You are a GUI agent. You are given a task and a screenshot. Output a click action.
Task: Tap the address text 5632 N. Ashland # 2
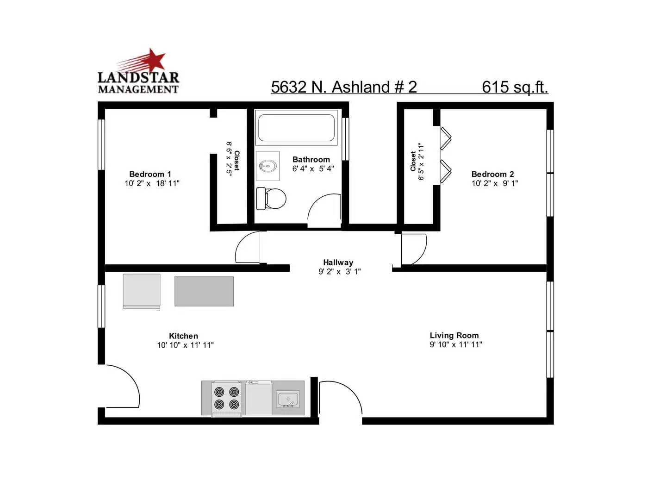pyautogui.click(x=343, y=87)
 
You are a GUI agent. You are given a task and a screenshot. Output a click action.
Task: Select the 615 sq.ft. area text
pyautogui.click(x=515, y=87)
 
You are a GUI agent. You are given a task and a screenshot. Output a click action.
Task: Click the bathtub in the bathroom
pyautogui.click(x=296, y=127)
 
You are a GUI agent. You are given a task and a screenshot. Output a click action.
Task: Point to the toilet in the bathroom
pyautogui.click(x=271, y=198)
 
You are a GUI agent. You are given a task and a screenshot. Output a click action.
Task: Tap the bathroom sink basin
pyautogui.click(x=268, y=165)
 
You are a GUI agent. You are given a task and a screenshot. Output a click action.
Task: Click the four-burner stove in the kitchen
pyautogui.click(x=226, y=399)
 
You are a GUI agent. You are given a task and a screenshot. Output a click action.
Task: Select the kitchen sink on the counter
pyautogui.click(x=287, y=399)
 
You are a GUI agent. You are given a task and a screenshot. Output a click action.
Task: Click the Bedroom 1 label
pyautogui.click(x=150, y=174)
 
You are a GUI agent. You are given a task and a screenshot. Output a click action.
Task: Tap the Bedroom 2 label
pyautogui.click(x=493, y=174)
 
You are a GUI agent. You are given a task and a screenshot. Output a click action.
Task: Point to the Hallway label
pyautogui.click(x=338, y=262)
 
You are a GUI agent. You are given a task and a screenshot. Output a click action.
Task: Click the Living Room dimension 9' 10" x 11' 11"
pyautogui.click(x=456, y=344)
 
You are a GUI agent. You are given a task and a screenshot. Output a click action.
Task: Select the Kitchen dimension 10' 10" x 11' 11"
pyautogui.click(x=186, y=345)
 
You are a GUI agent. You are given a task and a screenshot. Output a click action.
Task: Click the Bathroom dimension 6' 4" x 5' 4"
pyautogui.click(x=313, y=169)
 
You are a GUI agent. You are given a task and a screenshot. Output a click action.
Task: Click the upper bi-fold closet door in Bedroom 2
pyautogui.click(x=446, y=138)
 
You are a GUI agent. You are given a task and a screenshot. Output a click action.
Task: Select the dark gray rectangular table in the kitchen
pyautogui.click(x=204, y=291)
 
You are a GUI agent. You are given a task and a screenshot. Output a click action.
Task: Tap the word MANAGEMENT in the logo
pyautogui.click(x=138, y=89)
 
